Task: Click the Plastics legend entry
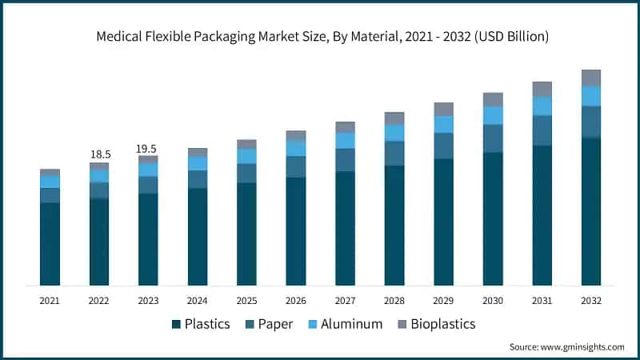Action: pyautogui.click(x=201, y=324)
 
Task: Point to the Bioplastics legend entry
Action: pyautogui.click(x=435, y=324)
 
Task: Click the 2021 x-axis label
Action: pyautogui.click(x=50, y=301)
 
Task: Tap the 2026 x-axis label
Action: pyautogui.click(x=296, y=301)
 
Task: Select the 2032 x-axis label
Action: pyautogui.click(x=591, y=301)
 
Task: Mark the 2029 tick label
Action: pyautogui.click(x=443, y=301)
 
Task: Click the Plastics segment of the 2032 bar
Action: pyautogui.click(x=591, y=212)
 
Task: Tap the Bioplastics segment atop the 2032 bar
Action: pyautogui.click(x=591, y=78)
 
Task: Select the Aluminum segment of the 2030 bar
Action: pyautogui.click(x=493, y=115)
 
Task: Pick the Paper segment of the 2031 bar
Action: pyautogui.click(x=542, y=130)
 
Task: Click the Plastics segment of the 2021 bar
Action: pyautogui.click(x=50, y=244)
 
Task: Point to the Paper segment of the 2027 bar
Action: pyautogui.click(x=345, y=160)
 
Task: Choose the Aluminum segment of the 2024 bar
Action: pyautogui.click(x=198, y=163)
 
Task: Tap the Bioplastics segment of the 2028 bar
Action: pyautogui.click(x=394, y=118)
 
